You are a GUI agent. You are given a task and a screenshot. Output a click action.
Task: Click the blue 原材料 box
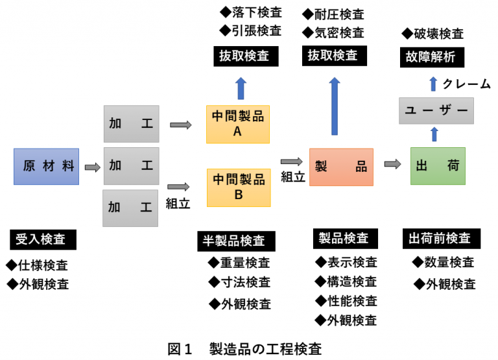point(45,166)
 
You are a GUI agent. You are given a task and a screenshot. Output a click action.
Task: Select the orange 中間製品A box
point(238,124)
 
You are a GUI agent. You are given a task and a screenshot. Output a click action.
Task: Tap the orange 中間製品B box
point(238,187)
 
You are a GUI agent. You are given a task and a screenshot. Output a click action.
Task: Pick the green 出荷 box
point(438,166)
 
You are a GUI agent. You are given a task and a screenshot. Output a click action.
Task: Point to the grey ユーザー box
point(436,111)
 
